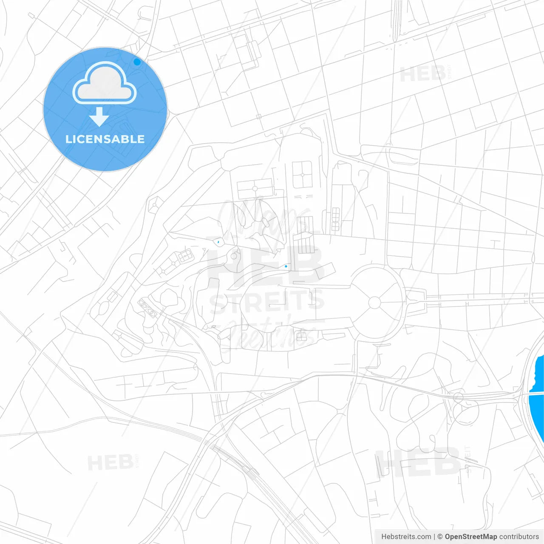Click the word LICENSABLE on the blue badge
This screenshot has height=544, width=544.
pos(105,139)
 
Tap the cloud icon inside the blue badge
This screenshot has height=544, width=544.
pos(105,84)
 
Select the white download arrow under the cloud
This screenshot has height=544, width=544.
pos(99,117)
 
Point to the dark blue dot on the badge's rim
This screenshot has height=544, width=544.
pos(137,62)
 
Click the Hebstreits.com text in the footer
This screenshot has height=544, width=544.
pos(406,537)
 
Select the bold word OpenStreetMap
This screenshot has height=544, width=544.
pos(471,537)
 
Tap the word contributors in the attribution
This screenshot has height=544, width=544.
pos(519,537)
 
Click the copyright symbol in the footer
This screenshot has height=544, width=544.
pos(440,537)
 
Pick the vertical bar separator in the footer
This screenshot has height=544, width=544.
pos(434,537)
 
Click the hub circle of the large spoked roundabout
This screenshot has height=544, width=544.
pos(374,303)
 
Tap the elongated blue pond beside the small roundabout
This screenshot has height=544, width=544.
pos(218,242)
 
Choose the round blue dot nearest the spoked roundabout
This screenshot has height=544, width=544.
pos(286,266)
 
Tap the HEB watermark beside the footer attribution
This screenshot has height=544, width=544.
pos(419,463)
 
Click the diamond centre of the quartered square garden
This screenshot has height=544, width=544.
pos(302,175)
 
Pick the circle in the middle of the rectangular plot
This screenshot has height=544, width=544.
pos(255,189)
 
